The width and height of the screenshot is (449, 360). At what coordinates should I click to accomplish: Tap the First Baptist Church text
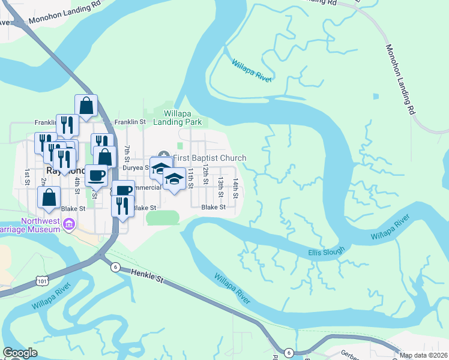coord(209,158)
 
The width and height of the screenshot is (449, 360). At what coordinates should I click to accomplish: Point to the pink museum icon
coord(70,224)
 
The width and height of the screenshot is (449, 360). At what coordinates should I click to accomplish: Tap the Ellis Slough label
coord(327,251)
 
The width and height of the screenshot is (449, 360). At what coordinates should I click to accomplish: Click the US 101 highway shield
coord(41,280)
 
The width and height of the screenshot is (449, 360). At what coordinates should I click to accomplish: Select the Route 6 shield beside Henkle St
coord(115,267)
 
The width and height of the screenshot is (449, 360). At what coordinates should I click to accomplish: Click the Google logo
coord(20,353)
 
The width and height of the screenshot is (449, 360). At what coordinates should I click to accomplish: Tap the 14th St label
coord(236,188)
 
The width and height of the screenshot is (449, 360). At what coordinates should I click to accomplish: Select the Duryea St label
coord(135,168)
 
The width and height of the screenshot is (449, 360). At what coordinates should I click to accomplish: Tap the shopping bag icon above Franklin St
coord(86,105)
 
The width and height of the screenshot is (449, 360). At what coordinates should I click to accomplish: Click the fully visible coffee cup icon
coord(96,175)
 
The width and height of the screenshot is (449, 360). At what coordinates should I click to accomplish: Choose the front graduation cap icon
coord(174,179)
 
